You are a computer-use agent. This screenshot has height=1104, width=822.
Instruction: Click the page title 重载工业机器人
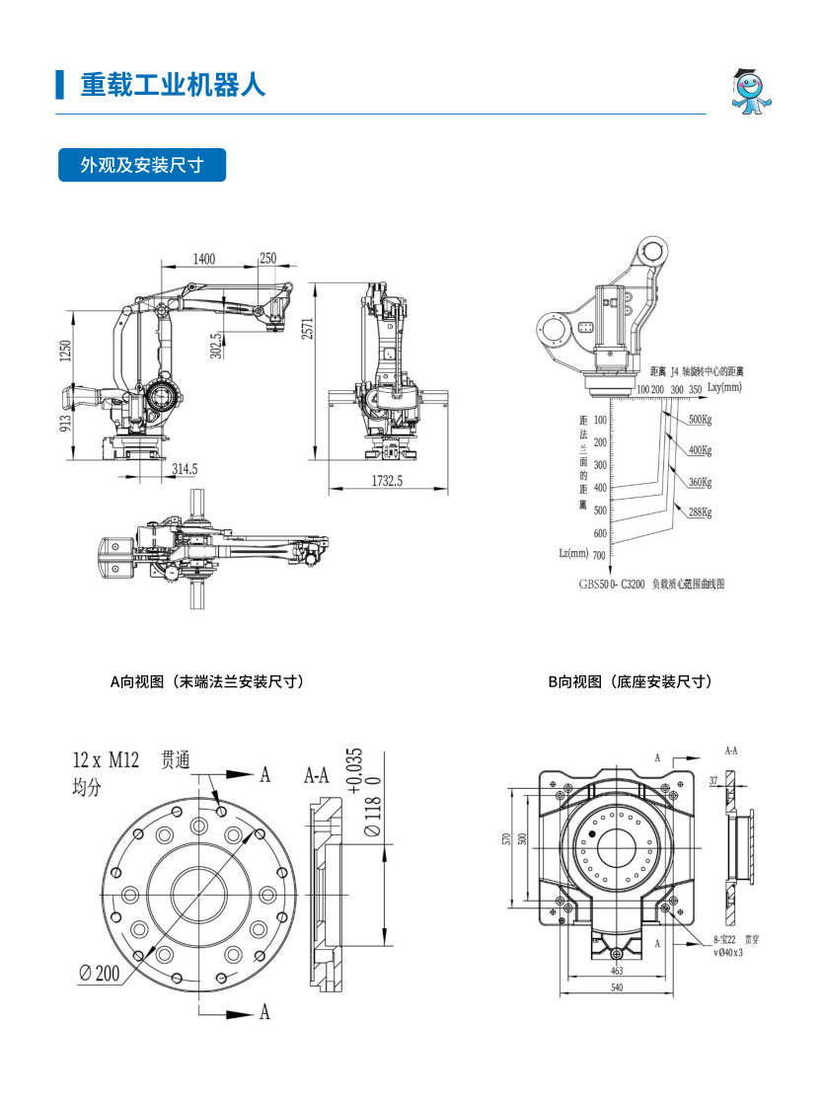pos(173,85)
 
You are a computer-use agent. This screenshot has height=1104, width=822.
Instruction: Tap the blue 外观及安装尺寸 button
pos(142,165)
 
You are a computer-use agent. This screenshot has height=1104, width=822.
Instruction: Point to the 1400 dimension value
pos(203,259)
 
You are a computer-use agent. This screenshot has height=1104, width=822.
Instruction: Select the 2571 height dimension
pos(307,329)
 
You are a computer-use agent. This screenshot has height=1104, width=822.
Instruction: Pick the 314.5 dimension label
pos(185,469)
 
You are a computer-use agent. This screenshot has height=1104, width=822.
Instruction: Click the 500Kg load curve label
pos(700,420)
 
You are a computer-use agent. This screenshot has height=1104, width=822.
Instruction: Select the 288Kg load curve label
pos(700,513)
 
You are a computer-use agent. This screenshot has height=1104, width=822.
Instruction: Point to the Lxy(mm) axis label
pos(725,389)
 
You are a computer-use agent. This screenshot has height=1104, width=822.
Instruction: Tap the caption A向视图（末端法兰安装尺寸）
pos(206,681)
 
